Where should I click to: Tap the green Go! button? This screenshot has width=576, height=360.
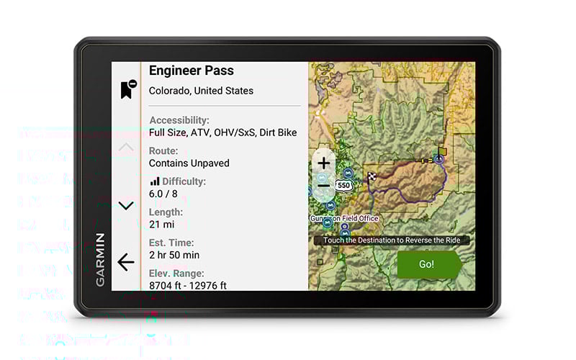(x=427, y=264)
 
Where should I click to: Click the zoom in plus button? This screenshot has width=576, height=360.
(x=324, y=163)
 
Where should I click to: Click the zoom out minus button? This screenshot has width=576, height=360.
(x=324, y=185)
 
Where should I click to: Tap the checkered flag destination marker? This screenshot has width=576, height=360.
(x=372, y=176)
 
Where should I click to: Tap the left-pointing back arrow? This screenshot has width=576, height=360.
(x=126, y=262)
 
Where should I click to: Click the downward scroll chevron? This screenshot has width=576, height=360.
(x=126, y=206)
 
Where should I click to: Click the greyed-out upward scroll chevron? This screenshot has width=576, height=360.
(x=126, y=148)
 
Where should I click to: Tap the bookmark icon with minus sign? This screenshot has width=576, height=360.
(x=127, y=89)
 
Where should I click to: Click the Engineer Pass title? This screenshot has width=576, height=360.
(x=191, y=71)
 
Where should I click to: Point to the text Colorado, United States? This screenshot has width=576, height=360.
(x=201, y=91)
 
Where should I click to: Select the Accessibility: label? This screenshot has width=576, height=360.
(x=179, y=120)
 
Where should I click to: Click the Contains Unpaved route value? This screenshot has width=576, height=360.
(x=189, y=163)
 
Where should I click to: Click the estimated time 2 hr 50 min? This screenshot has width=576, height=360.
(x=174, y=255)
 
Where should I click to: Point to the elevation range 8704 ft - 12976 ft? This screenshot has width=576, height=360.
(x=187, y=285)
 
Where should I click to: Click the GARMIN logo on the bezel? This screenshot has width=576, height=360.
(x=100, y=259)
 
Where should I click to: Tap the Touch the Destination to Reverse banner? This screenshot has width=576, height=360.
(x=391, y=240)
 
